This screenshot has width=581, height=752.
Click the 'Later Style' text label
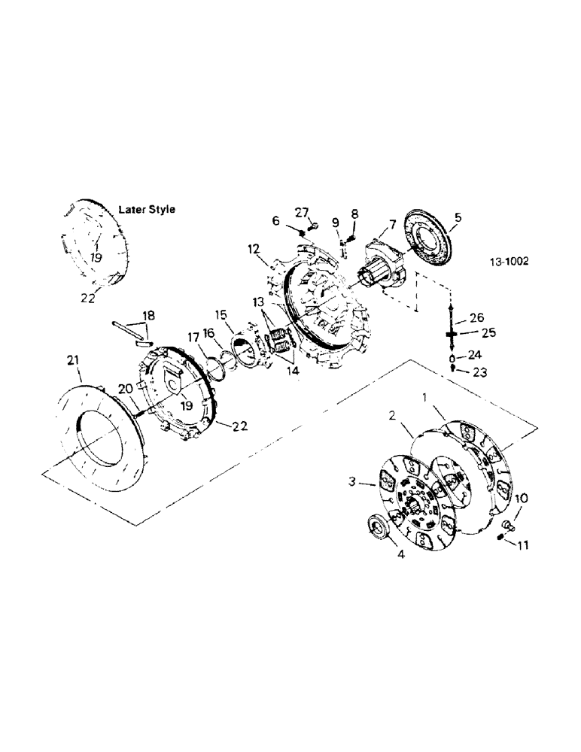point(147,210)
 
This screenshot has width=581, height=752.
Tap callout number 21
point(73,363)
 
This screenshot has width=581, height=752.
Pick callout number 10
point(522,498)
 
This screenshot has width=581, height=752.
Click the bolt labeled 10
point(507,523)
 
